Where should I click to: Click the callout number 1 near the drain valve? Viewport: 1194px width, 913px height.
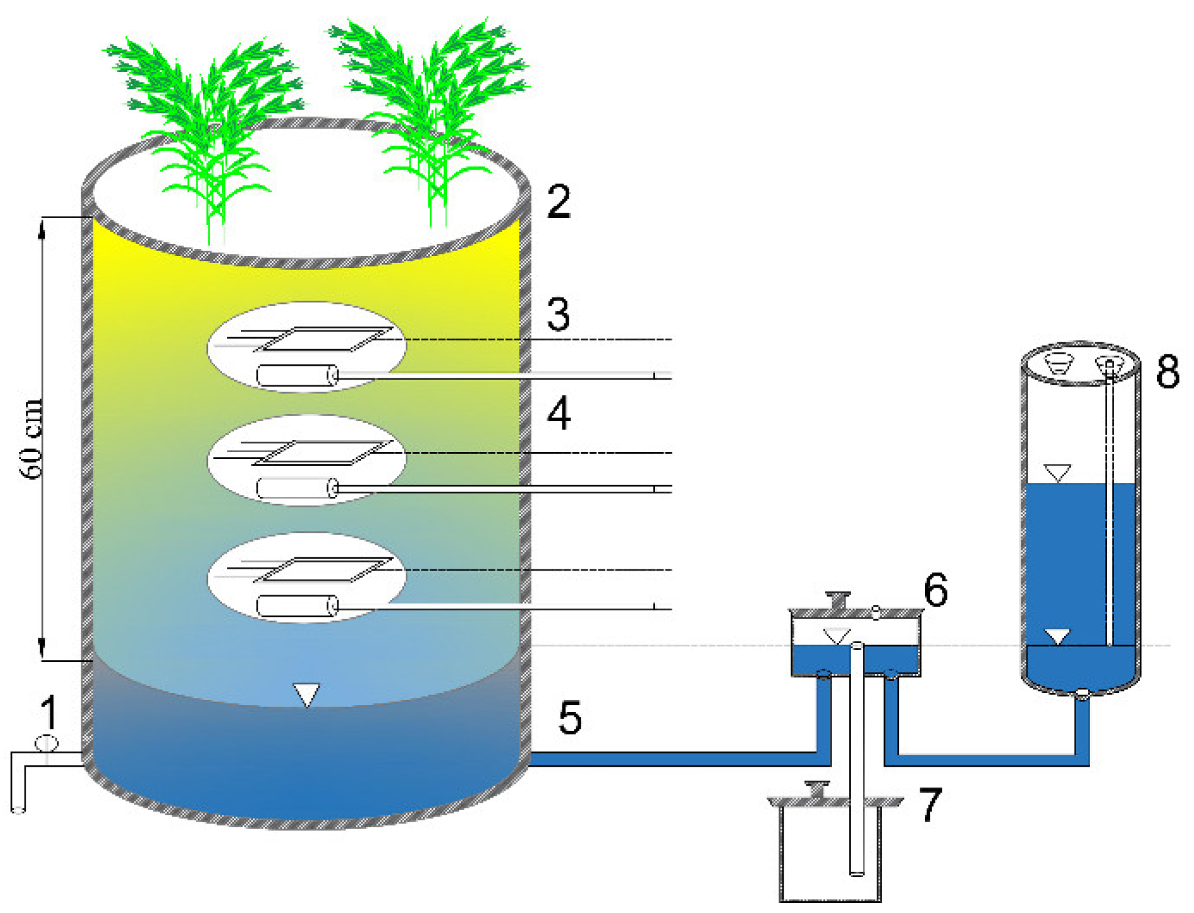(49, 712)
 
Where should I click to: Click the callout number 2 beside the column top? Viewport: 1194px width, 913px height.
(559, 202)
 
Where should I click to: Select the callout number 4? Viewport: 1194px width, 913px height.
(559, 414)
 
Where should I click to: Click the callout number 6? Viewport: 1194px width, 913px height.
(936, 590)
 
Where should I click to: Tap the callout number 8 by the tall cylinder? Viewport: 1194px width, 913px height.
(1168, 371)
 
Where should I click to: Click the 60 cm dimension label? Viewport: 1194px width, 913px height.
(32, 439)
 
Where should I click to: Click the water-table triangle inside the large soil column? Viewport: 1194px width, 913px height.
(306, 694)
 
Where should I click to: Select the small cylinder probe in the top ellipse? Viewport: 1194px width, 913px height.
(297, 376)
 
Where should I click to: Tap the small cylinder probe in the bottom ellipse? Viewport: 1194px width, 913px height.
(297, 607)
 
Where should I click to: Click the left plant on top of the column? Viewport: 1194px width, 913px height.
(208, 126)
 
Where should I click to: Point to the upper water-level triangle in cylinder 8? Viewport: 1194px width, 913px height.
(1057, 472)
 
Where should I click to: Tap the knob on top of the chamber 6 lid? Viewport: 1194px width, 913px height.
(838, 599)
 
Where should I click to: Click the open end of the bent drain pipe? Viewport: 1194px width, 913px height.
(18, 809)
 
